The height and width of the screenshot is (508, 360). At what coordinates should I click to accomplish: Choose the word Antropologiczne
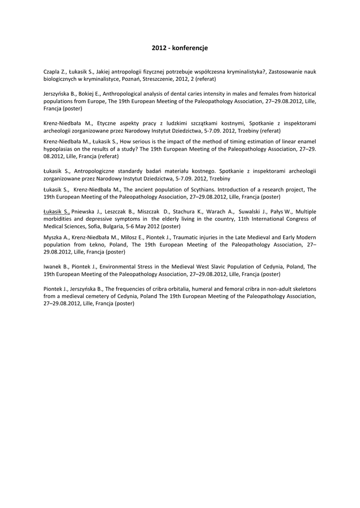tap(95, 171)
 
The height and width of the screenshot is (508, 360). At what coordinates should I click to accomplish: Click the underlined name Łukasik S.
tap(57, 211)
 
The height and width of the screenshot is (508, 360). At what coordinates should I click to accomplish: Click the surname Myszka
tap(54, 237)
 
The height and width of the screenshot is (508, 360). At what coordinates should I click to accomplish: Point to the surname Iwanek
tap(53, 266)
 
